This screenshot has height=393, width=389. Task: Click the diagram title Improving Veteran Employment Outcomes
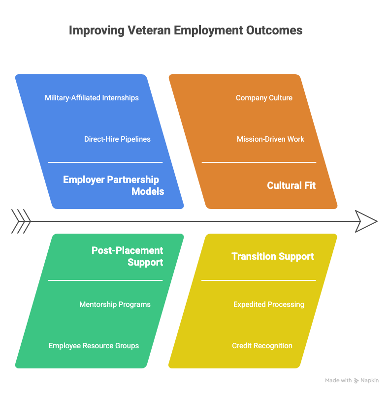click(x=186, y=30)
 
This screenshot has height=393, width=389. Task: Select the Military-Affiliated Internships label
click(x=92, y=98)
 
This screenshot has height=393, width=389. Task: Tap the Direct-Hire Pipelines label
click(x=117, y=139)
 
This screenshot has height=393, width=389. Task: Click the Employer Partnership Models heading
click(x=114, y=185)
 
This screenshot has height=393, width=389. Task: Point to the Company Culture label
click(x=264, y=98)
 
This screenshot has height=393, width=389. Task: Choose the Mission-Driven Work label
click(x=270, y=139)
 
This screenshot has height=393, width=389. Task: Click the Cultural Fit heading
click(x=291, y=185)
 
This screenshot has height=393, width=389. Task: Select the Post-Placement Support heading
click(x=128, y=256)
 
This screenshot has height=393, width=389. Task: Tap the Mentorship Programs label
click(x=115, y=304)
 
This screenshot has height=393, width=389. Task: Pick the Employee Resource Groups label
click(x=94, y=346)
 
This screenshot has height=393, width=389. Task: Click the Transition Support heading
click(x=273, y=256)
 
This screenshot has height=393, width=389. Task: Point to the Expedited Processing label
click(x=268, y=304)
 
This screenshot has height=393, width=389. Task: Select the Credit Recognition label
click(x=262, y=346)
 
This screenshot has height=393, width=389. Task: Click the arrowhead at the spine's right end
click(x=366, y=220)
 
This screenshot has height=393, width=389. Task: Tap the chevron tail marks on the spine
click(x=21, y=220)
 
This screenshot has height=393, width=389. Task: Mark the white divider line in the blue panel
click(x=105, y=162)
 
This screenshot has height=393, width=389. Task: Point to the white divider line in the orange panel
click(x=259, y=162)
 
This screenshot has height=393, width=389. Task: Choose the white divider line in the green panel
click(x=105, y=280)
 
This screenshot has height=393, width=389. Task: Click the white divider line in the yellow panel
click(x=259, y=280)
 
